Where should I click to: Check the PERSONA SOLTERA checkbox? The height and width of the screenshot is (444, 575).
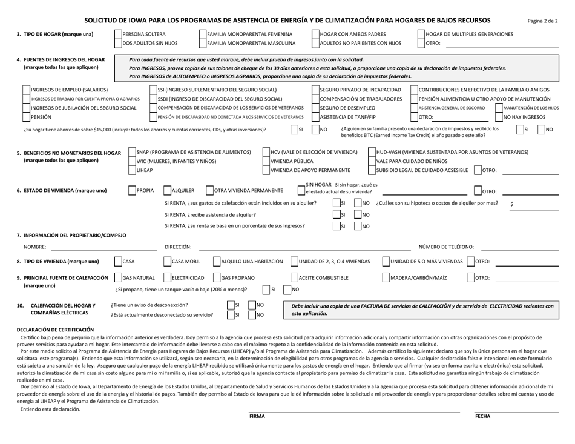pos(118,34)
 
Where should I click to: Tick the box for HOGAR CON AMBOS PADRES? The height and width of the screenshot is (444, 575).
pos(315,34)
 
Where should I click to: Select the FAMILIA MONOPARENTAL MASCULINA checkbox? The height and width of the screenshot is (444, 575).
pos(202,44)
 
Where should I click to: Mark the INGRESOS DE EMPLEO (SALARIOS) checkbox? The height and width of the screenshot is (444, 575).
pos(26,89)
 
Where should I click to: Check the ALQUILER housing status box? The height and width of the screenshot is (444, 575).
pos(168,190)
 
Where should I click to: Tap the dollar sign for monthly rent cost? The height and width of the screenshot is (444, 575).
pos(512,204)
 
